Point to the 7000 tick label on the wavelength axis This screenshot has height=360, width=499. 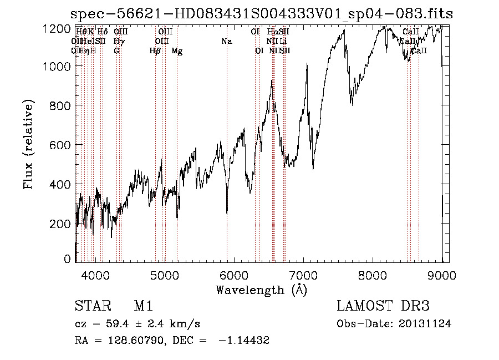(x=303, y=274)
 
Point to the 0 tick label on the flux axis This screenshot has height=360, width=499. (x=68, y=259)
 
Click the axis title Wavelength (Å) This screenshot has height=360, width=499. (x=261, y=290)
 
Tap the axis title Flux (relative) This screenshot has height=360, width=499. (x=28, y=144)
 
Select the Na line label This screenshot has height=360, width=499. (x=226, y=42)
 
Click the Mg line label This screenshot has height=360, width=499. (x=177, y=51)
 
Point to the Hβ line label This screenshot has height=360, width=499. (x=155, y=51)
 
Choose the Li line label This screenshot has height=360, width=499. (x=283, y=42)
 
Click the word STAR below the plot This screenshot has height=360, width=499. (x=90, y=307)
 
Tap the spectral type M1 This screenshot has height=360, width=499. (x=143, y=307)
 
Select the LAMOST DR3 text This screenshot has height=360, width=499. (x=383, y=307)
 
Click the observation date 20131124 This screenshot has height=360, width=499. (x=426, y=324)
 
